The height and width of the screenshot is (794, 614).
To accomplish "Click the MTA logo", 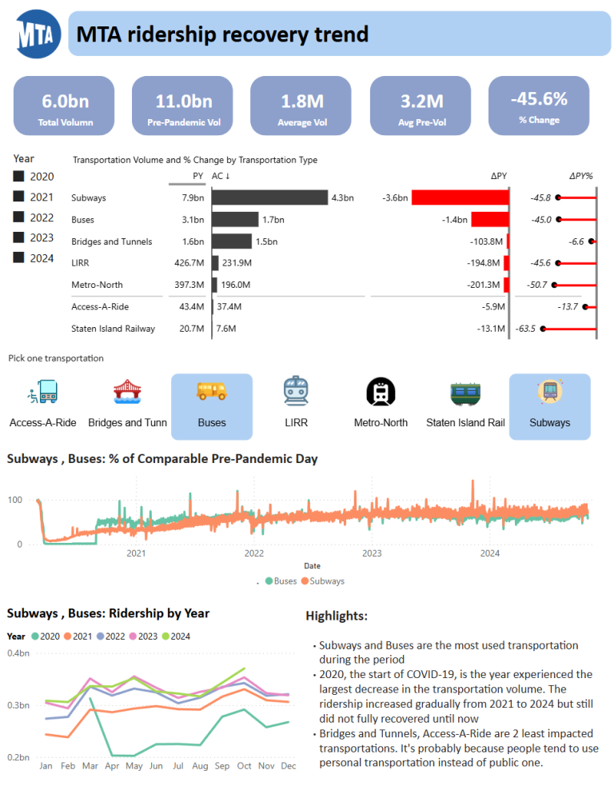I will point(38,34).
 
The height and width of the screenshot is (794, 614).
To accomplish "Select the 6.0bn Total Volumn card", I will point(65,106).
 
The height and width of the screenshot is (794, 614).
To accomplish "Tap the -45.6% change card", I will point(538,106).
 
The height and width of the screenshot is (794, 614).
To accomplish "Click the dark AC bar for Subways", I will point(269,198).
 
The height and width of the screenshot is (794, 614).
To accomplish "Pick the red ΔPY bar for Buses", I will point(489,219).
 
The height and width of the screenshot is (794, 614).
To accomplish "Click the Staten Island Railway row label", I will point(113,329).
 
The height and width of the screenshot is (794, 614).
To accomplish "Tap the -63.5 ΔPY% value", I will point(526,329).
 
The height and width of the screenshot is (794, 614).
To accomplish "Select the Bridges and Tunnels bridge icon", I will point(127,392).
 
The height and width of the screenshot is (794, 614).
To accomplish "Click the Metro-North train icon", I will point(381,392).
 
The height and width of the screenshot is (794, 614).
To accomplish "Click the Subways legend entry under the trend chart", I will point(323,581).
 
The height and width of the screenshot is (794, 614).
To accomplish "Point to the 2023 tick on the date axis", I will point(372,553).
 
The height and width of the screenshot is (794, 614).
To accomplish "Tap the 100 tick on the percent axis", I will point(15,501).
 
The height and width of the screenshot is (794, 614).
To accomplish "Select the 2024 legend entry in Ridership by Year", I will point(177,636).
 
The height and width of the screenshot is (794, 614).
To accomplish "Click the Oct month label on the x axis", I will point(244,766).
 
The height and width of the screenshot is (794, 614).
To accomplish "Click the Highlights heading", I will point(337,616).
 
